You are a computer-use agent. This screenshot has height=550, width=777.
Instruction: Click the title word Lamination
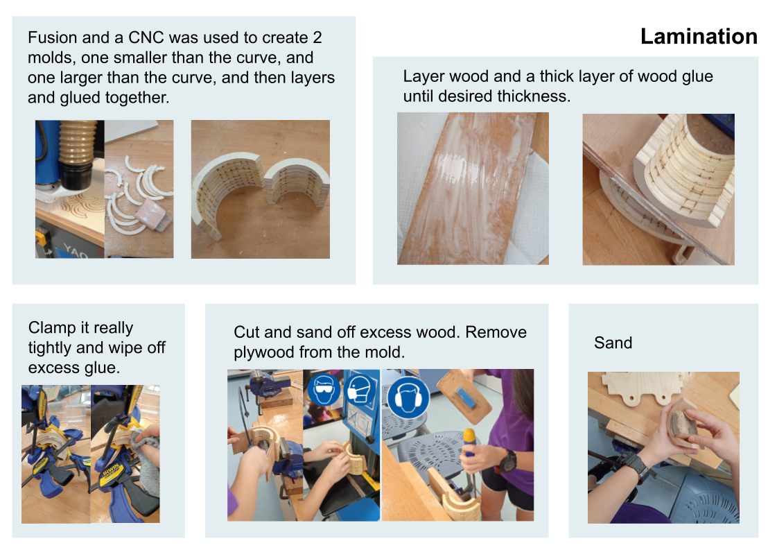click(x=699, y=36)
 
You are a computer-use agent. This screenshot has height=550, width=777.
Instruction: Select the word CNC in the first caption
click(x=148, y=37)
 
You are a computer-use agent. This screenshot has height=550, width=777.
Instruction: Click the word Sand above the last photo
click(x=613, y=343)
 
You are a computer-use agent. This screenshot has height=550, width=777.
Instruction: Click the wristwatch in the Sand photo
click(x=636, y=468)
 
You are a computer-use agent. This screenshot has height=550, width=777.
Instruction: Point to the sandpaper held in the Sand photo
click(x=681, y=420)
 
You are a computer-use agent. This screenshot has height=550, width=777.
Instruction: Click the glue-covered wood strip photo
click(x=472, y=189)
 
